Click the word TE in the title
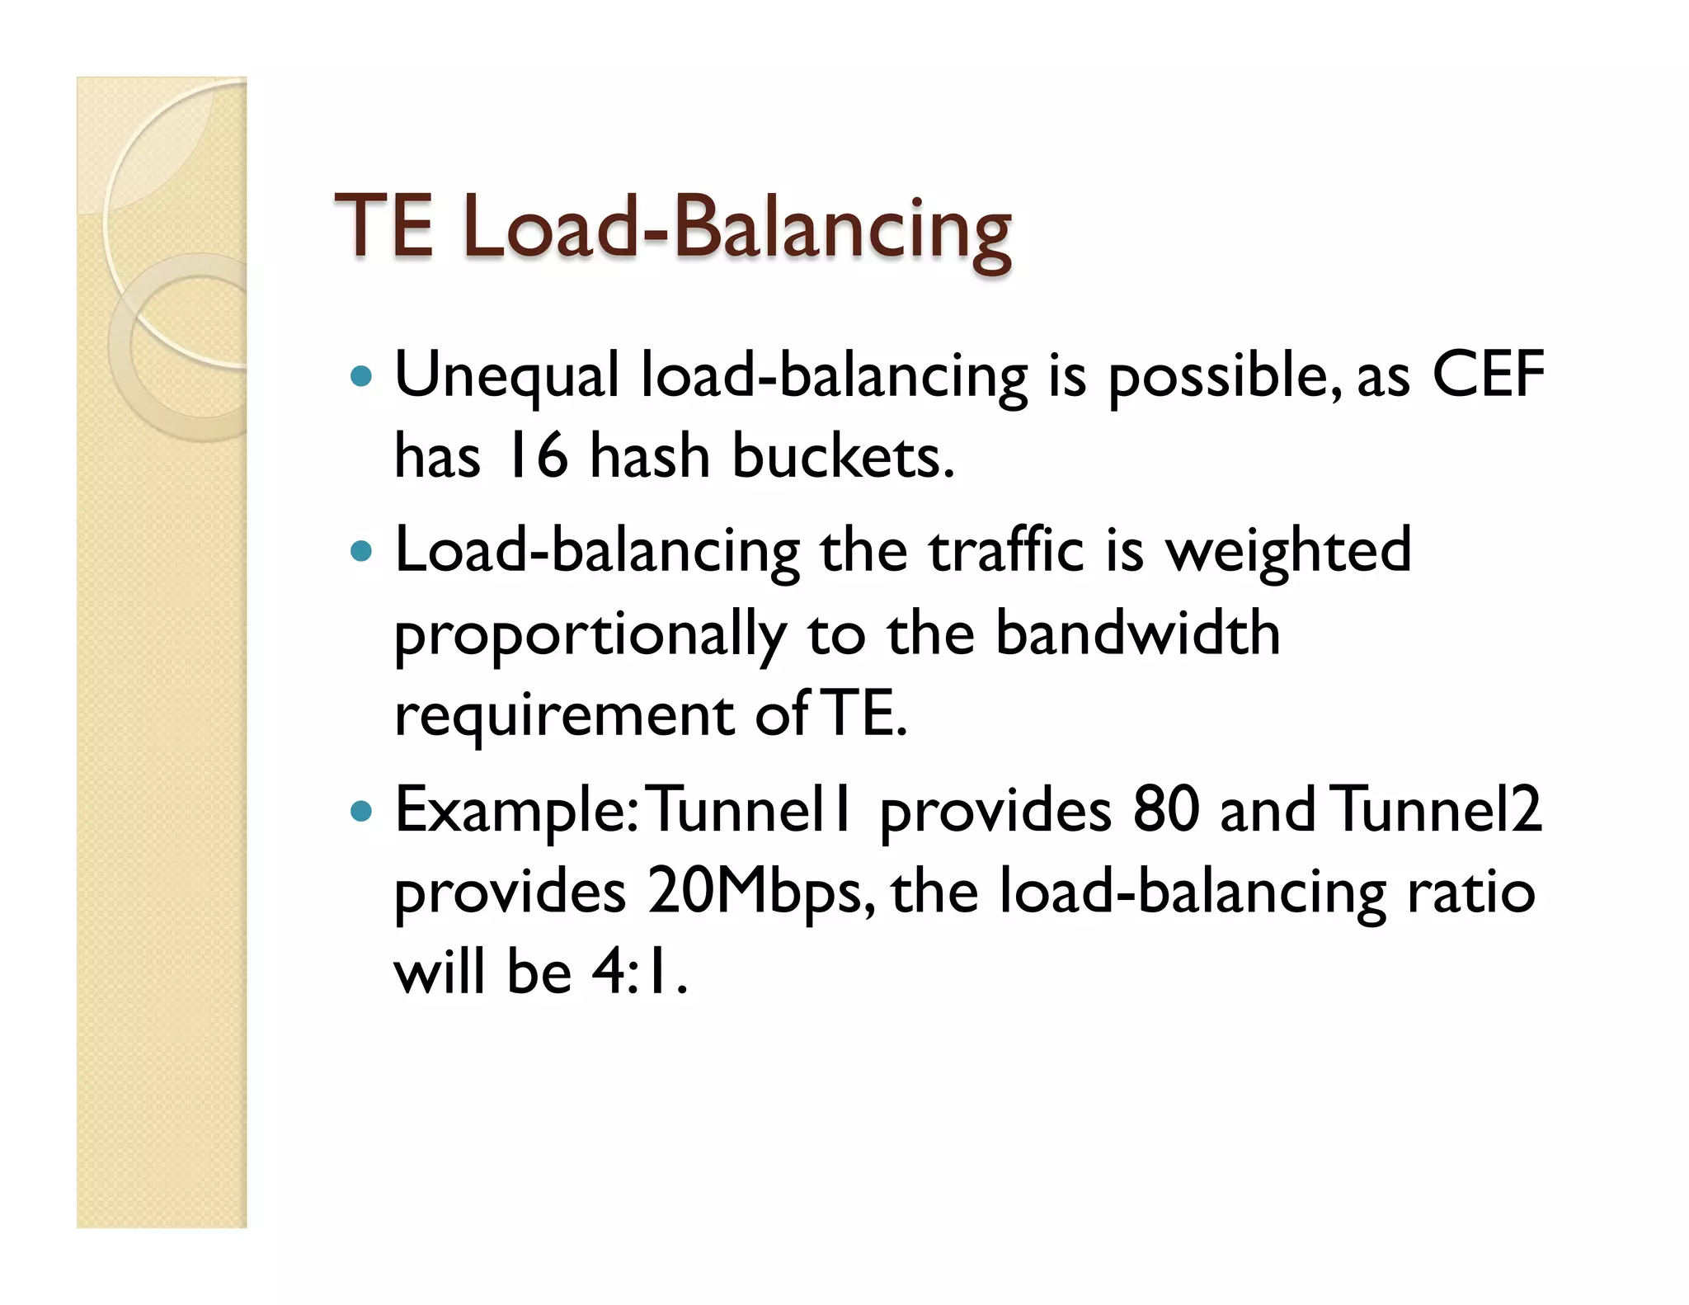click(383, 226)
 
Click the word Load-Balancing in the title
click(736, 229)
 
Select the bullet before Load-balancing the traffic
click(361, 551)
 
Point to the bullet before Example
click(361, 812)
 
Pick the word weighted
click(1287, 551)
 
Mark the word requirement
click(564, 715)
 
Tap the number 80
click(1165, 810)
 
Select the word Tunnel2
click(1437, 810)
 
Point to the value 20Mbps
click(755, 893)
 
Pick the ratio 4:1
click(639, 973)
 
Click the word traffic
click(1005, 551)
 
